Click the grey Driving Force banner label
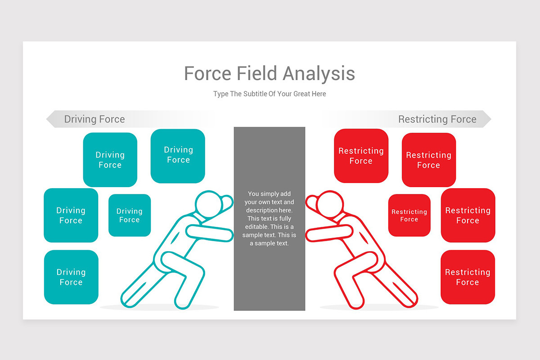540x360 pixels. (x=94, y=119)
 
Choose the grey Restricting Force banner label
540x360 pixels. (x=437, y=119)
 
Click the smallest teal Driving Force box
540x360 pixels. (x=130, y=215)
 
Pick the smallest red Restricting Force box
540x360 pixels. (x=409, y=215)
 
